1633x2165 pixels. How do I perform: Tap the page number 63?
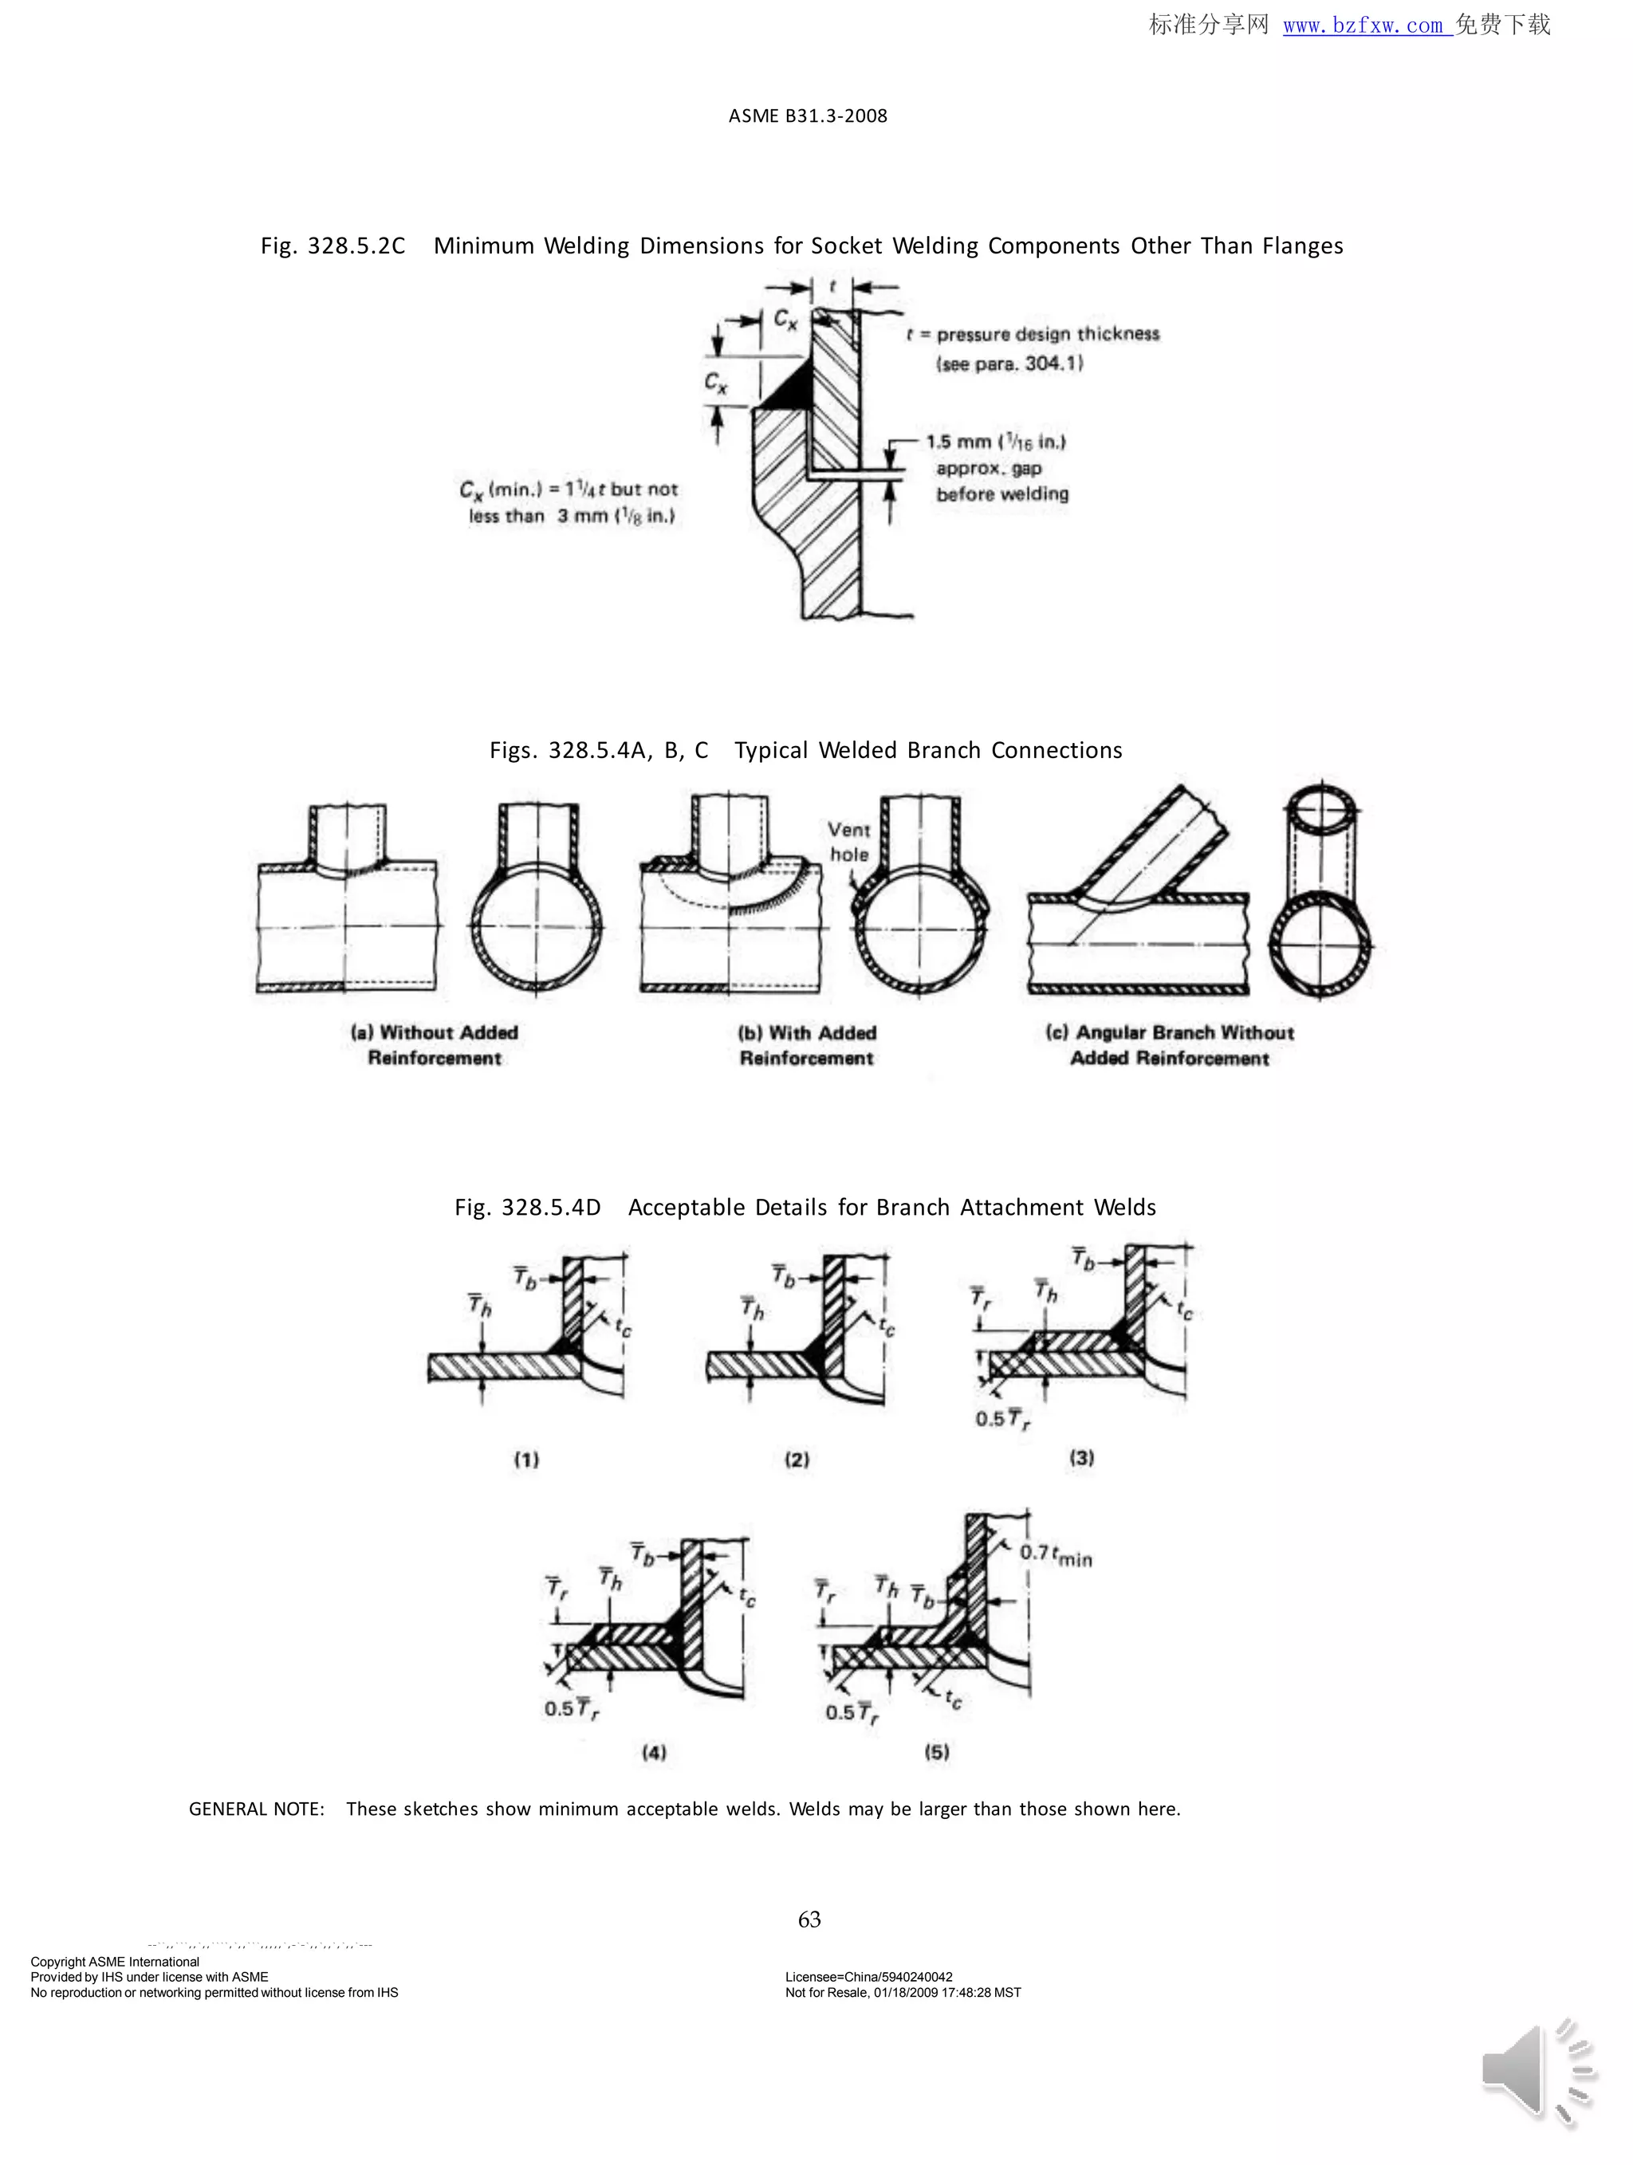pyautogui.click(x=809, y=1919)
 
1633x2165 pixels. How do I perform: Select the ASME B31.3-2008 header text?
pyautogui.click(x=808, y=116)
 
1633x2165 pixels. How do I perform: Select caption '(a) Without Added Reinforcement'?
pyautogui.click(x=434, y=1044)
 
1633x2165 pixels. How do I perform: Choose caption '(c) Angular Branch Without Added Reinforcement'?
pyautogui.click(x=1169, y=1044)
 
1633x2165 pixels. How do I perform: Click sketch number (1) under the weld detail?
pyautogui.click(x=527, y=1460)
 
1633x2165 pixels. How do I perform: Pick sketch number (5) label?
pyautogui.click(x=937, y=1751)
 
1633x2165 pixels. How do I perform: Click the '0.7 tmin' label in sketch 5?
pyautogui.click(x=1056, y=1554)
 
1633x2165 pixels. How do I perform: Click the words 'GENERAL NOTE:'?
pyautogui.click(x=257, y=1809)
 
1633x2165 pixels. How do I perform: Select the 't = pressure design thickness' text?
pyautogui.click(x=1032, y=334)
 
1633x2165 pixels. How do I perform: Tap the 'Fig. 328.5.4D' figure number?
pyautogui.click(x=527, y=1207)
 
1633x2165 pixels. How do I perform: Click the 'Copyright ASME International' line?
pyautogui.click(x=115, y=1962)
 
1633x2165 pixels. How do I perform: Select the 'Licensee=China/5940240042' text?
pyautogui.click(x=868, y=1977)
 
